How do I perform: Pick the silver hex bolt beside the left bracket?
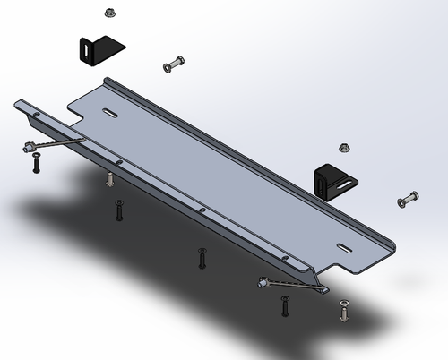(174, 64)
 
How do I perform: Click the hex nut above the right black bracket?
(343, 147)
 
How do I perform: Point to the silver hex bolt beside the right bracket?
(408, 198)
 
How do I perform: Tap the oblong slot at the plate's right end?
(345, 246)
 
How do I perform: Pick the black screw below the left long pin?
(36, 164)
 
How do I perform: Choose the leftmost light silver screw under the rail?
(109, 179)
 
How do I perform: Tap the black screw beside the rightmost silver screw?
(286, 306)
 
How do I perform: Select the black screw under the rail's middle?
(202, 258)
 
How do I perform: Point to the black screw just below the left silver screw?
(118, 211)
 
